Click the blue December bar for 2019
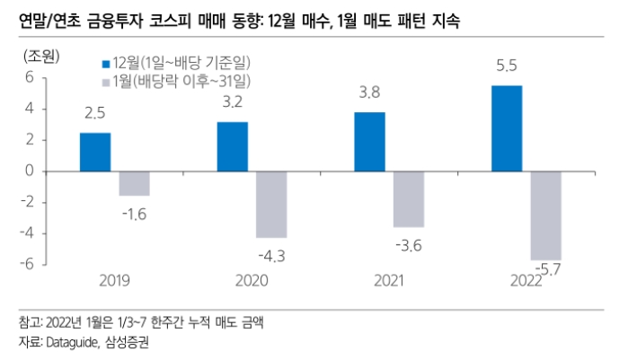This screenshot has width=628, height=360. [95, 152]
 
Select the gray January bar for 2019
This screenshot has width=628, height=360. [134, 183]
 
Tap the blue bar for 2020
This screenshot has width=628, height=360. [233, 146]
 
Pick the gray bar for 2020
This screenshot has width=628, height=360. [271, 204]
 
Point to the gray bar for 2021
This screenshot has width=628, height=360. [409, 198]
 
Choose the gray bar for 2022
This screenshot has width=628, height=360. [545, 215]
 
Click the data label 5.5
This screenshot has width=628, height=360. [507, 66]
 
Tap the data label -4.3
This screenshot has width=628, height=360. [270, 256]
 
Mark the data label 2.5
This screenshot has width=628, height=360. [95, 113]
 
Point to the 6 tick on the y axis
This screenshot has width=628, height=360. [29, 77]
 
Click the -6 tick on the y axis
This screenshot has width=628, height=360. [26, 264]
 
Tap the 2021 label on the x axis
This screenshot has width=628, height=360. [390, 281]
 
